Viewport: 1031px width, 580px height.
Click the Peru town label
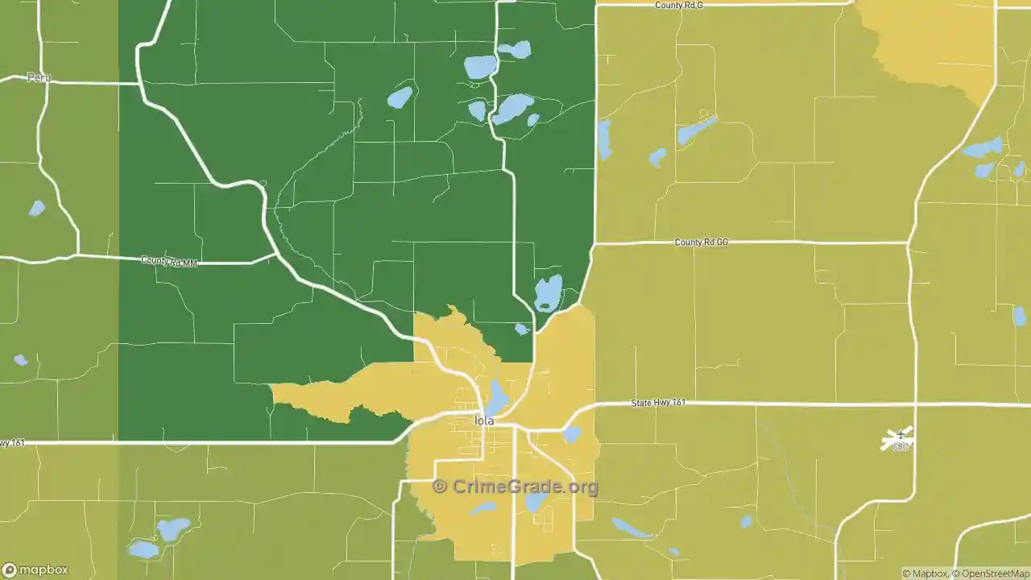39,78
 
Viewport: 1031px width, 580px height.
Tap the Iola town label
484,420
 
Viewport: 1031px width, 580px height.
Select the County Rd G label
679,5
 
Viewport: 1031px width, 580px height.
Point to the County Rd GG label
701,242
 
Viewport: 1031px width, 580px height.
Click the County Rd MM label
168,261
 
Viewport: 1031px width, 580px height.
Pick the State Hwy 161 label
658,402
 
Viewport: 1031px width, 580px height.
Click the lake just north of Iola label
496,397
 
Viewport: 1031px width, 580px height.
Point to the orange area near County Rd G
934,40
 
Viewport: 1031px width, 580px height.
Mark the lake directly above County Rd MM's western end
36,208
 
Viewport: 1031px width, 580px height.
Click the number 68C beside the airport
900,447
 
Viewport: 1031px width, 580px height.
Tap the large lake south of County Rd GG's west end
549,293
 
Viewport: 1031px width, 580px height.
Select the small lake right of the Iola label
571,434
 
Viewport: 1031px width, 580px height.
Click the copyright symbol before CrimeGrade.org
440,487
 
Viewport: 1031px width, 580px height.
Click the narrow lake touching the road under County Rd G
604,139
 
